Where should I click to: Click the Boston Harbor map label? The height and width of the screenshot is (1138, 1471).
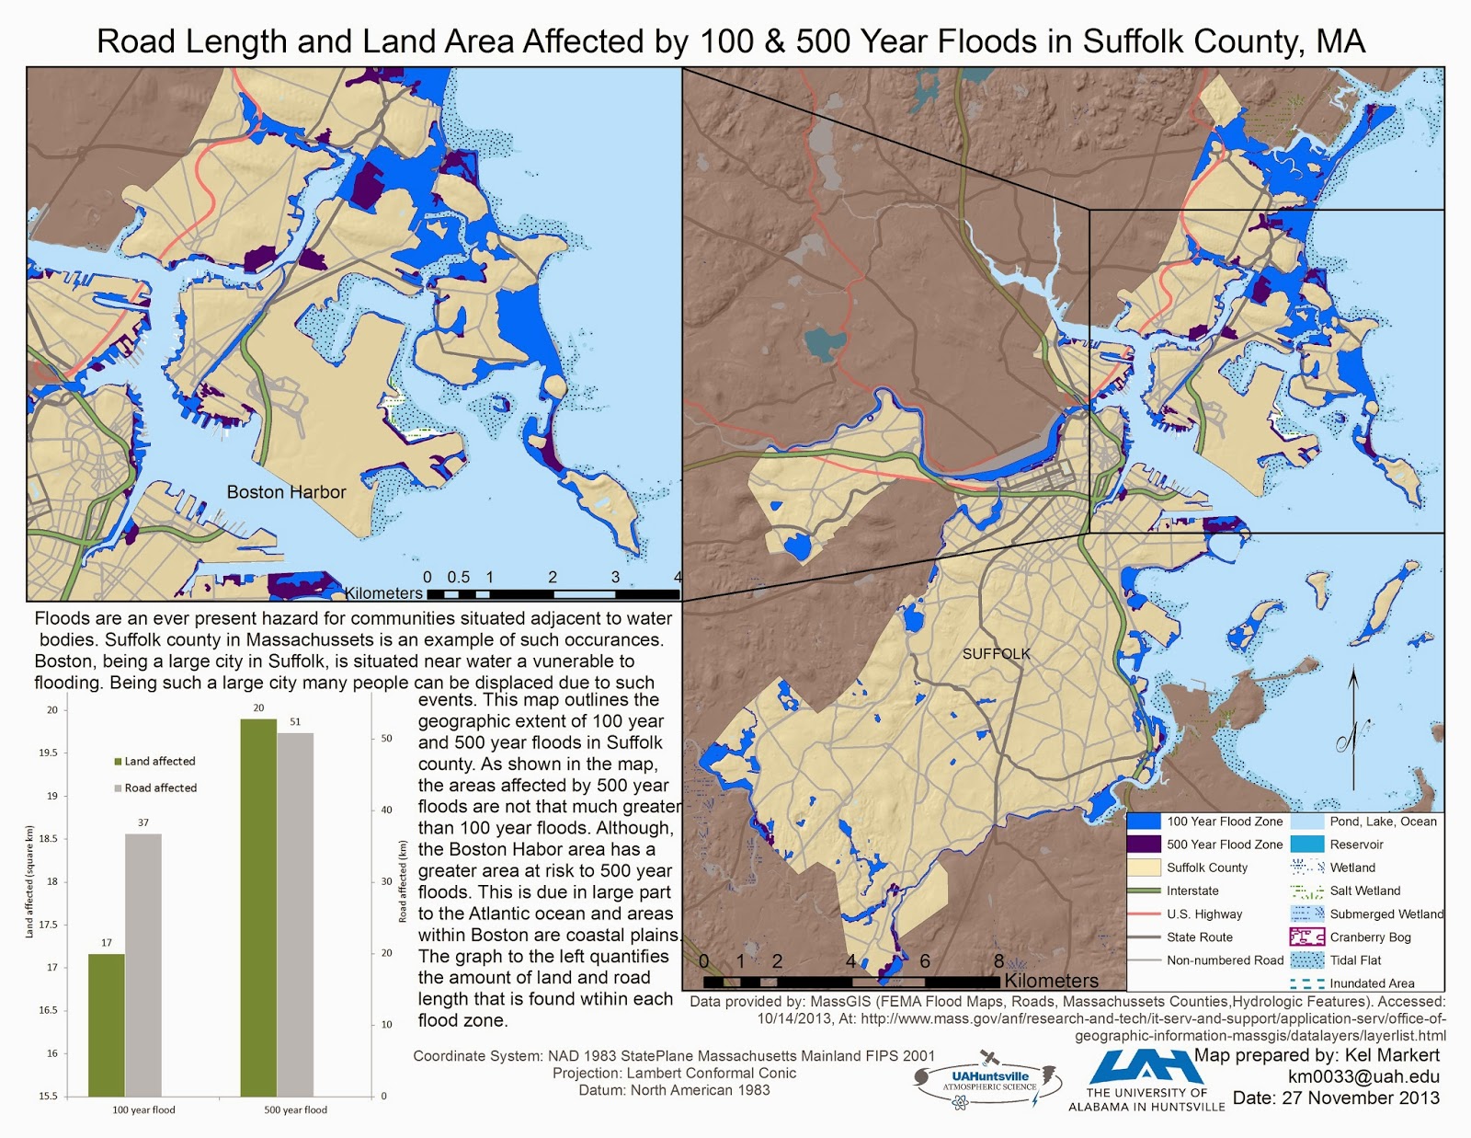[x=286, y=492]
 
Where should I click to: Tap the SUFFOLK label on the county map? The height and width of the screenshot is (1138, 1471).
[x=997, y=654]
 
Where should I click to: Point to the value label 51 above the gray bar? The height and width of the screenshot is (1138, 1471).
[x=295, y=722]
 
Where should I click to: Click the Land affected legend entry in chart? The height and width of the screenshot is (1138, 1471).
[x=154, y=762]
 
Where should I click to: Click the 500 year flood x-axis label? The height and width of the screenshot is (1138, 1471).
[x=295, y=1109]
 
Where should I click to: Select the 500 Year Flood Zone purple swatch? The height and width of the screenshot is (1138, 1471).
[x=1144, y=845]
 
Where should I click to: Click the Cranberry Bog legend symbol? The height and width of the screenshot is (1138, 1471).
[x=1306, y=937]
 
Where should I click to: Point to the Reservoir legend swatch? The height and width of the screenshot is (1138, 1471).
[x=1306, y=845]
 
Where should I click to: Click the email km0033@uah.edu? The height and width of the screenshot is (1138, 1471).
[x=1363, y=1076]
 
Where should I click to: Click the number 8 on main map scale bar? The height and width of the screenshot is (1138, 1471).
[x=998, y=960]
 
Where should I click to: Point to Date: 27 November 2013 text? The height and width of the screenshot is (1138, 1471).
[x=1336, y=1098]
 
